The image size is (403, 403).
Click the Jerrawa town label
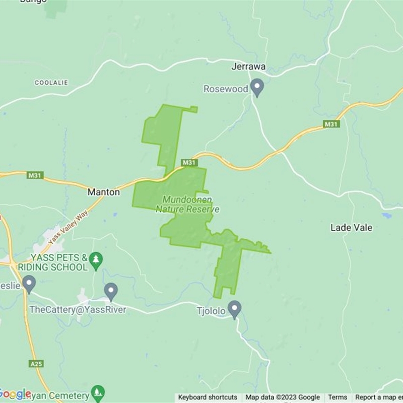tap(248, 66)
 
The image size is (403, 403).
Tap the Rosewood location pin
tap(257, 88)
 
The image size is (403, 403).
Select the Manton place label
tap(104, 192)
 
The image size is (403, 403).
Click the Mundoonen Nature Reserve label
tap(187, 205)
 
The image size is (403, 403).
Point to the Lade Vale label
tap(351, 228)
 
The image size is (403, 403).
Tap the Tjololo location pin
tap(234, 309)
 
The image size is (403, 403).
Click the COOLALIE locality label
tap(51, 82)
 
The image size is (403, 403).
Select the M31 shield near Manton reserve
tap(189, 162)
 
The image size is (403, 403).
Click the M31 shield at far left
tap(36, 175)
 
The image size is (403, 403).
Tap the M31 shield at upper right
tap(331, 124)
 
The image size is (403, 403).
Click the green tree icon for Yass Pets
tap(96, 259)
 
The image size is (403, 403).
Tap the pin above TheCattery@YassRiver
tap(111, 291)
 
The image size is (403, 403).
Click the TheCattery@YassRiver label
tap(77, 309)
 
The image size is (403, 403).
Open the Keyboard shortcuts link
tap(208, 397)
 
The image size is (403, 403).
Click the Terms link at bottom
tap(338, 397)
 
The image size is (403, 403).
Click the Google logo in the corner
tap(15, 393)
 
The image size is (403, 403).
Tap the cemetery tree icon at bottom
tap(98, 392)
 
